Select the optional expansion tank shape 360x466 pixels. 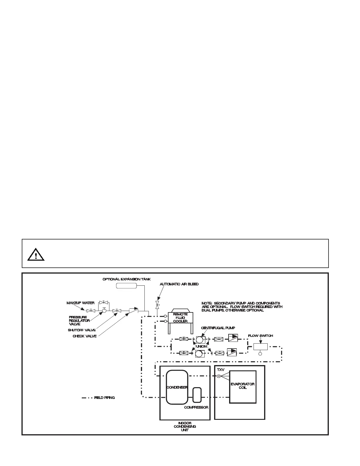pos(126,286)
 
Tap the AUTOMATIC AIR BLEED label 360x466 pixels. pos(179,284)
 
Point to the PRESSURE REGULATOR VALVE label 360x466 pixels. pos(79,320)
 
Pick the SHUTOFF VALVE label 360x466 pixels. pos(81,330)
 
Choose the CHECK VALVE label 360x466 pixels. pos(84,336)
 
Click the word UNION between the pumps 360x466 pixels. pos(201,346)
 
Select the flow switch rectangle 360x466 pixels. pos(260,346)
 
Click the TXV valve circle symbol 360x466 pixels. pos(219,376)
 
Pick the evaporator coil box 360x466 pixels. pos(243,387)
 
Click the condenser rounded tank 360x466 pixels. pos(177,387)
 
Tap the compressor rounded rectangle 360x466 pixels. pos(197,395)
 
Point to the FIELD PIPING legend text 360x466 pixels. pos(104,398)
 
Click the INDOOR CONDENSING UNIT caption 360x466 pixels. pos(185,426)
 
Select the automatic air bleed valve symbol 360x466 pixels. pos(157,305)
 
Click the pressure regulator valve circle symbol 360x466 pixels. pos(104,311)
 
